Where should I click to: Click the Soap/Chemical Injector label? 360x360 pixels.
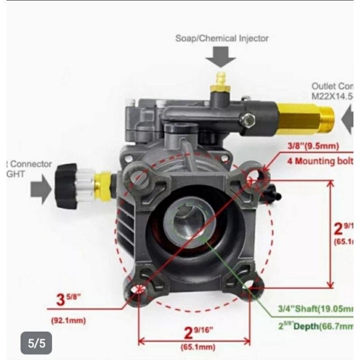222,38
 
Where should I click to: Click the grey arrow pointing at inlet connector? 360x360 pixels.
41,189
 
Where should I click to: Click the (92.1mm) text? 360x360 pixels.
68,321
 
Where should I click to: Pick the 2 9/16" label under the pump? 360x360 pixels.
195,333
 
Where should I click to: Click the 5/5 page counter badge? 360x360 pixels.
36,344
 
